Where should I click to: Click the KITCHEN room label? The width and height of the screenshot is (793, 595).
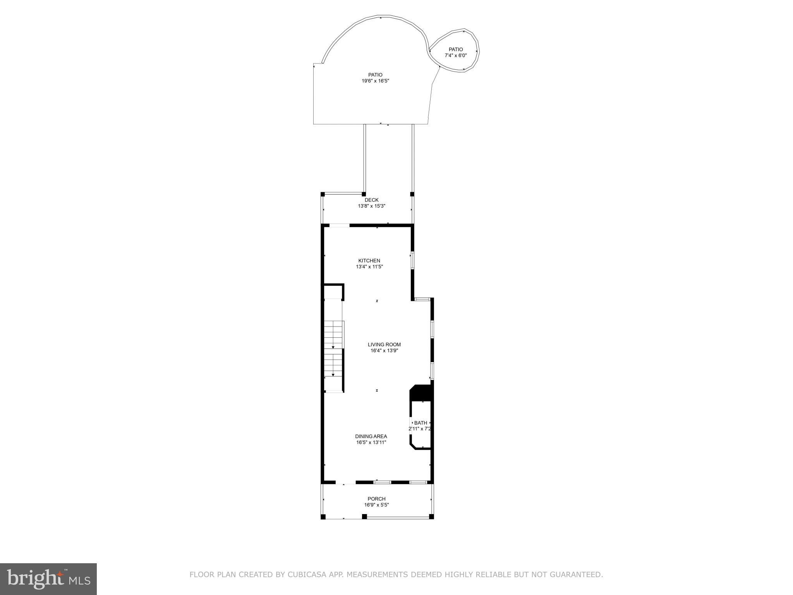pyautogui.click(x=369, y=261)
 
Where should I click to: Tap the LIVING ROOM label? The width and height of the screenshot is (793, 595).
pyautogui.click(x=384, y=344)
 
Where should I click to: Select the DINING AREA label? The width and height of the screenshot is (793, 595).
pyautogui.click(x=371, y=436)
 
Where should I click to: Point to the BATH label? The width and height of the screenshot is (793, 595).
pyautogui.click(x=421, y=423)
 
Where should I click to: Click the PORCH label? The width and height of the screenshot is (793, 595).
pyautogui.click(x=376, y=499)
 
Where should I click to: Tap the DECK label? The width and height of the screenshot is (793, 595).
pyautogui.click(x=371, y=200)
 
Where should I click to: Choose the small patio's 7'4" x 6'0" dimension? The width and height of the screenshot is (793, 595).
pyautogui.click(x=456, y=55)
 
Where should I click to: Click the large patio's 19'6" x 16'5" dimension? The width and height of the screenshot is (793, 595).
pyautogui.click(x=375, y=81)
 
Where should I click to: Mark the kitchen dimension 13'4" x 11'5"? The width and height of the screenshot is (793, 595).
pyautogui.click(x=369, y=267)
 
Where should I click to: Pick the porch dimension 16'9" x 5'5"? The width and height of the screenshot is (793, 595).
pyautogui.click(x=376, y=505)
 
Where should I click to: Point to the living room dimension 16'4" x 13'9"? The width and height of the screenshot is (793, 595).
pyautogui.click(x=384, y=351)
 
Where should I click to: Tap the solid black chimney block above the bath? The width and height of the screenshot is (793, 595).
pyautogui.click(x=421, y=393)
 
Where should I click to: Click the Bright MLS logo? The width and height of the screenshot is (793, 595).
pyautogui.click(x=48, y=578)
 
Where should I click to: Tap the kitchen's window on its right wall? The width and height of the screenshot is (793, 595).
pyautogui.click(x=412, y=260)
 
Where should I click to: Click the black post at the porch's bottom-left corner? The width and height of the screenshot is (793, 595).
pyautogui.click(x=323, y=516)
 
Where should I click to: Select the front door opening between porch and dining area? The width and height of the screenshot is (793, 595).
pyautogui.click(x=345, y=482)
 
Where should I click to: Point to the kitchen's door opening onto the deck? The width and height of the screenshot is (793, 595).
pyautogui.click(x=339, y=225)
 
